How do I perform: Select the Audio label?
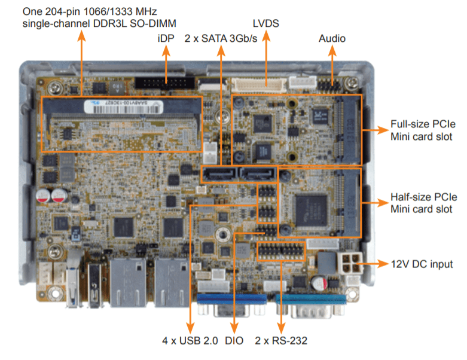[x=332, y=38]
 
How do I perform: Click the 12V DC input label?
[x=422, y=264]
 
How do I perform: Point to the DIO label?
[x=234, y=341]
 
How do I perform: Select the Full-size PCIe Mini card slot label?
[x=423, y=130]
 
